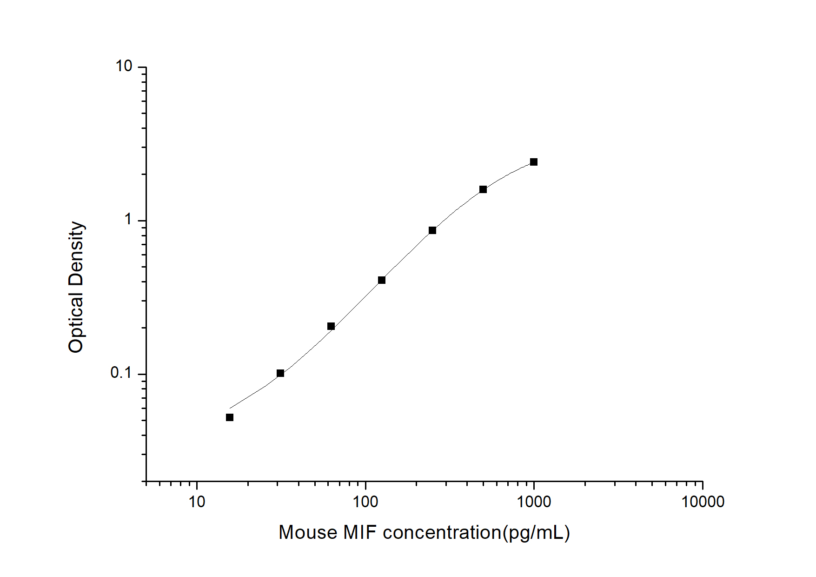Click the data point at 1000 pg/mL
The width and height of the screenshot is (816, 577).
point(534,162)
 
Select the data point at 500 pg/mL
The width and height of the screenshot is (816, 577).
point(483,189)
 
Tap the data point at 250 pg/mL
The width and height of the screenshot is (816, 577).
point(432,230)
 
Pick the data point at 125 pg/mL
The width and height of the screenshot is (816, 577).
point(382,280)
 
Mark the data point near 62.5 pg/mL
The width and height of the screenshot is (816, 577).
point(331,326)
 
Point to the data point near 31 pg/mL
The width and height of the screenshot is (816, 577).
point(280,373)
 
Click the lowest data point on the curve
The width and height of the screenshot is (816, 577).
point(230,417)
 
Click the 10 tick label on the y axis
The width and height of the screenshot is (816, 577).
point(124,67)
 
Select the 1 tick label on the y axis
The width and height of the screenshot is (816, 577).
point(128,220)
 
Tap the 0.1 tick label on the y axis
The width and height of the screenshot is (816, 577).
point(121,373)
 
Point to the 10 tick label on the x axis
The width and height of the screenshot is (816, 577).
point(197,502)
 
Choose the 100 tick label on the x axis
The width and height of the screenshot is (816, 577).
point(365,502)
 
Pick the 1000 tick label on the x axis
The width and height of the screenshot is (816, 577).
point(534,502)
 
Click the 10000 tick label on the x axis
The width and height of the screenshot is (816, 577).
point(703,502)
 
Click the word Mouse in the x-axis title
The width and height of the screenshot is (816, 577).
point(308,532)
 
